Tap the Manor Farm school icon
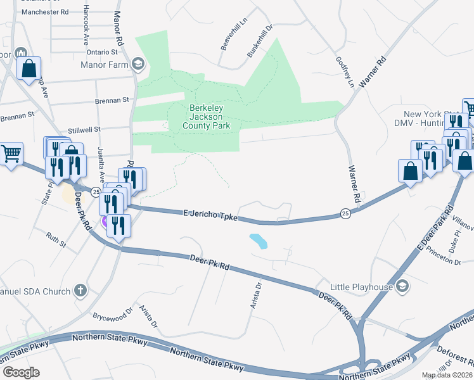tap(138, 63)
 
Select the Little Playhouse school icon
tap(401, 287)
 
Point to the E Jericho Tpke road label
tap(210, 215)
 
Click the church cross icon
tap(80, 291)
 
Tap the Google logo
tap(20, 372)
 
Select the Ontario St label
tap(102, 52)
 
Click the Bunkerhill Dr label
tap(259, 41)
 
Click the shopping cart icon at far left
tap(11, 153)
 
